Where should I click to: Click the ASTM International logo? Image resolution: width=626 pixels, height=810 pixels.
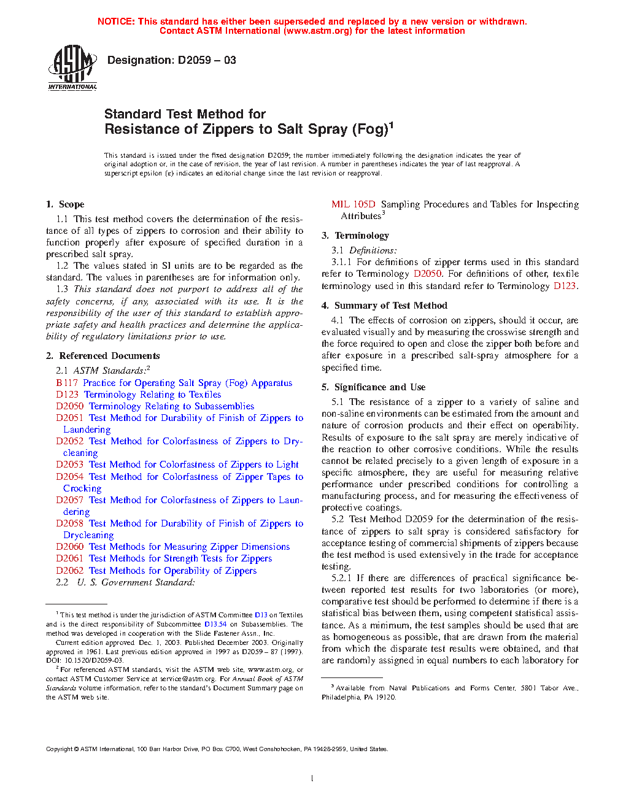point(72,67)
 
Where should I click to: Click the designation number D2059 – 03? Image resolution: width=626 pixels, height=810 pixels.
point(206,60)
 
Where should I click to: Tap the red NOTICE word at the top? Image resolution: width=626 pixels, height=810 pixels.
point(116,21)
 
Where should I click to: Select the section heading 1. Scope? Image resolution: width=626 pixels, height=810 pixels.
point(65,204)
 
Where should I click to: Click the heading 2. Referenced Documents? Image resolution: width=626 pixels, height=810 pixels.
point(102,356)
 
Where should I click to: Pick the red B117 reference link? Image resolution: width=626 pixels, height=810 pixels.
point(67,383)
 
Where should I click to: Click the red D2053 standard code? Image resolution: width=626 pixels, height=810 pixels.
point(69,465)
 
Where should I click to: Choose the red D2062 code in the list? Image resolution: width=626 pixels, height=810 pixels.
point(69,571)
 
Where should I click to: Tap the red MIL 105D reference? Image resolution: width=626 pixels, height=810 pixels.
point(353,204)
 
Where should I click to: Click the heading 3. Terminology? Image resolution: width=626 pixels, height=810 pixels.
point(355,236)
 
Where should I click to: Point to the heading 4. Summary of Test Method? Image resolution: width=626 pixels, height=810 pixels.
point(384,306)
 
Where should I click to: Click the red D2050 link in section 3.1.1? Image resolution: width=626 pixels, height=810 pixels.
point(427,274)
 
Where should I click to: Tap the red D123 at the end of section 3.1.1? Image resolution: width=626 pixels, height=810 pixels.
point(564,286)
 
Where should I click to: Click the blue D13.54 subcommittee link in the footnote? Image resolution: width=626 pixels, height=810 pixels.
point(215,624)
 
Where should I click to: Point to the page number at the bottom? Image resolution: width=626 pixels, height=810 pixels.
point(312,779)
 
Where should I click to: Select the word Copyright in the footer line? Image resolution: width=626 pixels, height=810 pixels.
point(59,749)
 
